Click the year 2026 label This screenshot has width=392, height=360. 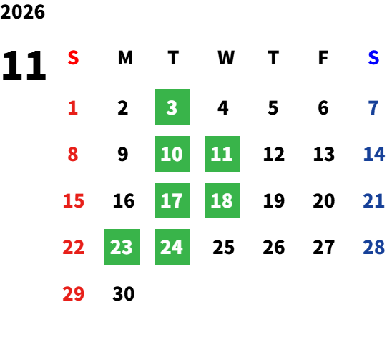[22, 12]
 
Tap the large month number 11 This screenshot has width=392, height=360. [24, 65]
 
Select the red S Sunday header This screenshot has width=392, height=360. [73, 57]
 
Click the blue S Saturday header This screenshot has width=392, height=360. [373, 57]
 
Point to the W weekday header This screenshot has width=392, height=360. [226, 57]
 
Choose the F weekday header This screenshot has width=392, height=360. [323, 57]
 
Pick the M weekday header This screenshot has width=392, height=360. [125, 57]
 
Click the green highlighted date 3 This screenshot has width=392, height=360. [172, 107]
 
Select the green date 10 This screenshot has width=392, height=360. [172, 154]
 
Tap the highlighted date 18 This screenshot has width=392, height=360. [222, 200]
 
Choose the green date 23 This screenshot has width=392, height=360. [122, 247]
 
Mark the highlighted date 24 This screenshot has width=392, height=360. [172, 247]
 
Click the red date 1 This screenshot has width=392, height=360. [73, 108]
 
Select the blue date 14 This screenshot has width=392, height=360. [373, 154]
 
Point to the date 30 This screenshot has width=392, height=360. [124, 293]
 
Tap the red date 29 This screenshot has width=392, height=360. [73, 293]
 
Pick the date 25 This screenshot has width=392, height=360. [223, 248]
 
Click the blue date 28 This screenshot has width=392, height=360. [373, 248]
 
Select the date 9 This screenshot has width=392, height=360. [123, 154]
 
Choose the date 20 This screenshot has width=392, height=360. [324, 200]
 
